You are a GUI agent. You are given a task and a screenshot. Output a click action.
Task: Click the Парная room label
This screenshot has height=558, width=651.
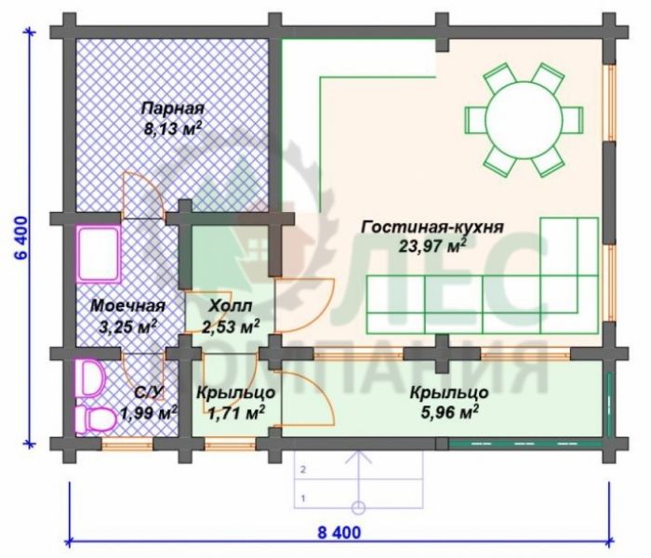[173, 109]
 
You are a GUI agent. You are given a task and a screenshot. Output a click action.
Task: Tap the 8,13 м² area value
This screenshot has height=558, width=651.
[173, 128]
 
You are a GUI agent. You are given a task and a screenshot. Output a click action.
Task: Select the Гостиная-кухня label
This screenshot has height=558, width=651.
[432, 228]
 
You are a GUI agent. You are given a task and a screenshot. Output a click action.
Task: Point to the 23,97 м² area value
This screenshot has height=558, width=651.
[432, 246]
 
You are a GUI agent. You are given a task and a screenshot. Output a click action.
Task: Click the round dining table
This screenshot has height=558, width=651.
[524, 121]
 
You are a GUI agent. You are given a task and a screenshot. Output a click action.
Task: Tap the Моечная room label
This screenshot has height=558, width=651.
[128, 306]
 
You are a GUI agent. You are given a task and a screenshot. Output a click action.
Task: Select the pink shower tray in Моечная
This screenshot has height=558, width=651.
[99, 255]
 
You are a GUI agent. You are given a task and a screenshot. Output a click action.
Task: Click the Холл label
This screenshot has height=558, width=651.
[230, 306]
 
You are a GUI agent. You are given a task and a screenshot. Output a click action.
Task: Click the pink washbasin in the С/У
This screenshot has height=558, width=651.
[89, 378]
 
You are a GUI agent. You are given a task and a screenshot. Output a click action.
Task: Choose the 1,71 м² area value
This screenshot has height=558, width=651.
[236, 412]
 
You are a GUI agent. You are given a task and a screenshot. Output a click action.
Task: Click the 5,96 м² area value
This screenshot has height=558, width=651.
[449, 412]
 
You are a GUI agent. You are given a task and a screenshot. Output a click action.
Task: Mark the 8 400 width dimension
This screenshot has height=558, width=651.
[339, 532]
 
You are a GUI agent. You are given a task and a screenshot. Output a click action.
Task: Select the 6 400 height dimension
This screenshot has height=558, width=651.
[21, 238]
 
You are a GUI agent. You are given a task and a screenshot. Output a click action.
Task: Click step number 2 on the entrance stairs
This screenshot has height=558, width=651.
[303, 471]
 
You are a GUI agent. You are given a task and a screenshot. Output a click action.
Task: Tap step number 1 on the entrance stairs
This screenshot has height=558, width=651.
[303, 498]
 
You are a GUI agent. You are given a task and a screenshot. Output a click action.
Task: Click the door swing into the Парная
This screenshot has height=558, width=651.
[142, 195]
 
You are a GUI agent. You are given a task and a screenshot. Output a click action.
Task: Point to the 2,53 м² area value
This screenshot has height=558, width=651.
[231, 326]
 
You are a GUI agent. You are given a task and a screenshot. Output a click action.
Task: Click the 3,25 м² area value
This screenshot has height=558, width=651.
[128, 326]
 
